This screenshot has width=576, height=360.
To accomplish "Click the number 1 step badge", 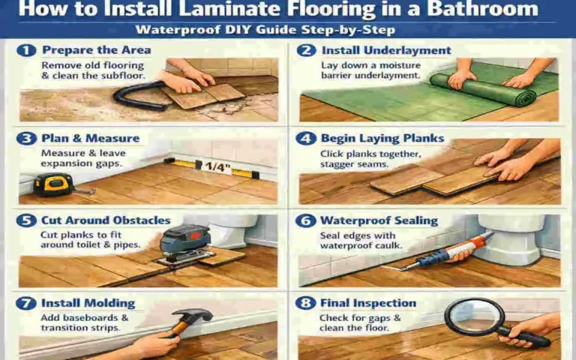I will (28, 51).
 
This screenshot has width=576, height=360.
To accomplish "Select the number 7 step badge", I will (28, 303).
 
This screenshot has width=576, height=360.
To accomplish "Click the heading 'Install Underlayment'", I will (386, 51).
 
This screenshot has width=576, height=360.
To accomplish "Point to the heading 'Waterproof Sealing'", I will (379, 220).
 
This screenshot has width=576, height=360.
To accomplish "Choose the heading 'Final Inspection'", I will (367, 303).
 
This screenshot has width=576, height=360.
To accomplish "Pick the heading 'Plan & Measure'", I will (91, 138).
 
